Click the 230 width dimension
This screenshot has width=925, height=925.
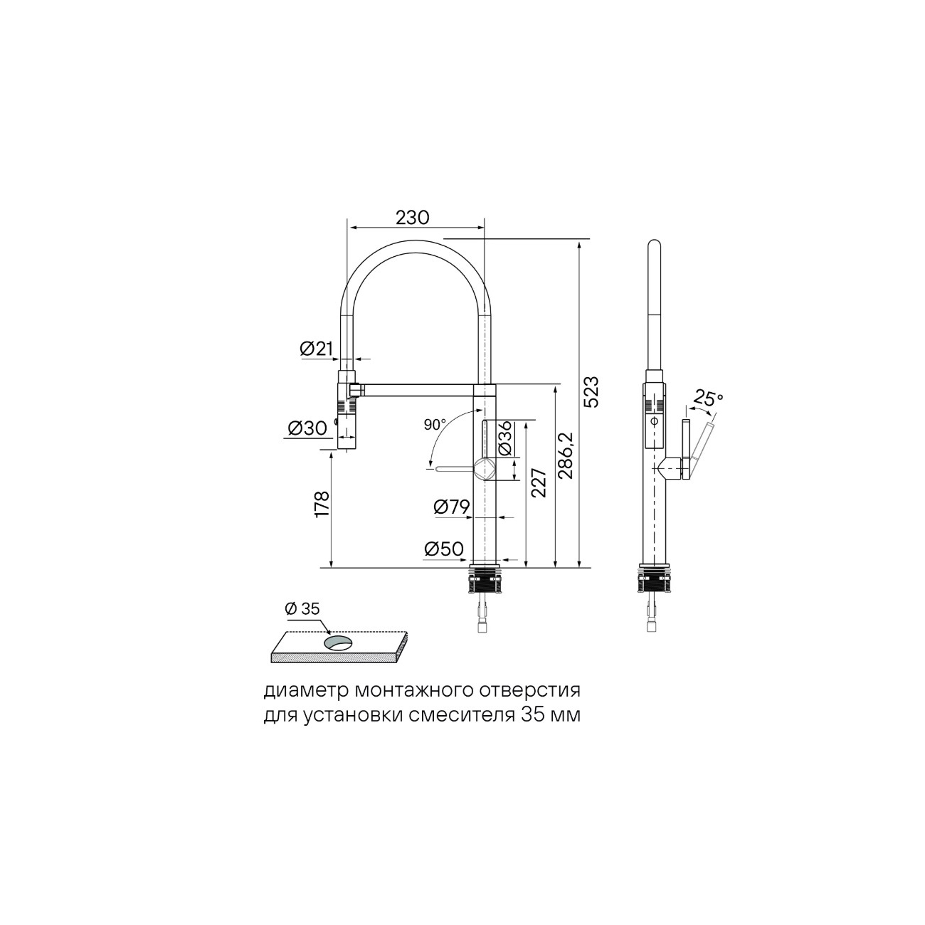tap(413, 218)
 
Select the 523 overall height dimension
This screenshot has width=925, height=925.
tap(591, 391)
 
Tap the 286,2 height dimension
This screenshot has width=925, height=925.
tap(566, 455)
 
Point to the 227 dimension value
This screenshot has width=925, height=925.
tap(539, 483)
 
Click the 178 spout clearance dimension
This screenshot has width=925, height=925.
tap(322, 504)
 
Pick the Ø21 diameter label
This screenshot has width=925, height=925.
tap(317, 348)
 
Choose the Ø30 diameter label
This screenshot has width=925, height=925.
tap(307, 428)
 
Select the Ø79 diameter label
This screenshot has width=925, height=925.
tap(450, 507)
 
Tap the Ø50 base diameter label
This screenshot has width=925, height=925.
tap(444, 549)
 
